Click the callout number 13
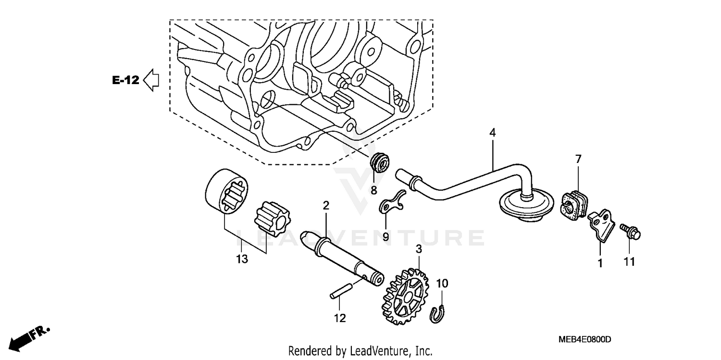[x=242, y=259]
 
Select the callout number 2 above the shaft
[x=326, y=206]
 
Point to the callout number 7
[x=578, y=158]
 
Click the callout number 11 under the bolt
[x=629, y=262]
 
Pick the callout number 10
[x=442, y=284]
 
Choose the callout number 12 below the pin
[x=340, y=318]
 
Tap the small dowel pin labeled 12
[x=340, y=293]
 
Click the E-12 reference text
[x=125, y=80]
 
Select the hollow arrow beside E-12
[x=151, y=80]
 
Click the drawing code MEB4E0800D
[x=584, y=340]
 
